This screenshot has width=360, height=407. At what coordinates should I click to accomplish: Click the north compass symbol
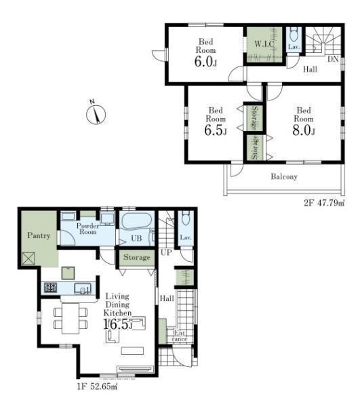coord(96,114)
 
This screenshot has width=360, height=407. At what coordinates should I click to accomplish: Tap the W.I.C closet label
coord(264,44)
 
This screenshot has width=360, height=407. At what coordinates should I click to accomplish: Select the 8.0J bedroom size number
coord(304,130)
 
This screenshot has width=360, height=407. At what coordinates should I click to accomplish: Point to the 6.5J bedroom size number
coord(216,130)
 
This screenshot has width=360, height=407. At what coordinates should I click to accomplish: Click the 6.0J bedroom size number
coord(205,61)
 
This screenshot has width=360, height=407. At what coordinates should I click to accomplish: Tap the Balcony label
coord(284,176)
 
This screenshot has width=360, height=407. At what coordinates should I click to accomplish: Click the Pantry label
coord(39,235)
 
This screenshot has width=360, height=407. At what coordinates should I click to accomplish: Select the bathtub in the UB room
coord(136,221)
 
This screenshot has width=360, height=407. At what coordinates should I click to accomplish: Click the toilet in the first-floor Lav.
coord(186,218)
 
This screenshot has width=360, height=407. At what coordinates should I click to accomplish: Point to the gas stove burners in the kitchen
coord(51,288)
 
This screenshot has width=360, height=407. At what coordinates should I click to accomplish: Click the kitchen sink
coord(83,288)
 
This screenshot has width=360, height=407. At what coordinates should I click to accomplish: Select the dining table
coord(71,318)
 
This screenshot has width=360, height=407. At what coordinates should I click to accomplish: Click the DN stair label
coord(333,59)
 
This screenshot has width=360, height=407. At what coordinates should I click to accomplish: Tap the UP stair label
coord(166,252)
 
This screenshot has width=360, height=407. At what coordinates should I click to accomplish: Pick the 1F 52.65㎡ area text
coord(97,387)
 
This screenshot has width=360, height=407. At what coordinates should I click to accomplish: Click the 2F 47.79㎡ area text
coord(324,203)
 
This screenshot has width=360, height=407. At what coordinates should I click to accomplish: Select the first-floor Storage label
coord(137,257)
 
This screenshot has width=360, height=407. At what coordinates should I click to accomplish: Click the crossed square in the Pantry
coord(28,258)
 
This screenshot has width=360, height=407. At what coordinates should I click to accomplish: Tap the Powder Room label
coord(87,229)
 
